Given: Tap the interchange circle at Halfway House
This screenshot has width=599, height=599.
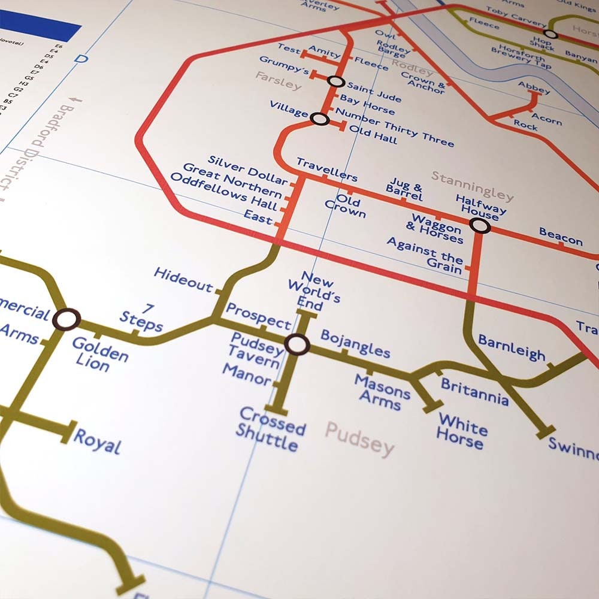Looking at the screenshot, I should (480, 225).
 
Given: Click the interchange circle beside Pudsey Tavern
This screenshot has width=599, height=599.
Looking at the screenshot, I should (297, 345).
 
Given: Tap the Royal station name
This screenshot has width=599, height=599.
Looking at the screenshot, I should (97, 441).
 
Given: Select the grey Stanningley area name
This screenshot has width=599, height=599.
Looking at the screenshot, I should (473, 186).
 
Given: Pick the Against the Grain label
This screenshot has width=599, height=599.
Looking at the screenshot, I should (425, 255).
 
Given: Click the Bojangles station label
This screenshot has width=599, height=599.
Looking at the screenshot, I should (355, 344).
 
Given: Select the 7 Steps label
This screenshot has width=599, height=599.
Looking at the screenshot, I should (142, 318).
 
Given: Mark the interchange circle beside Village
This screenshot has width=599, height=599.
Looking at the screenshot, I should (320, 119).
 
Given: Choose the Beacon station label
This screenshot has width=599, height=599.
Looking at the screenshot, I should (561, 237).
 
